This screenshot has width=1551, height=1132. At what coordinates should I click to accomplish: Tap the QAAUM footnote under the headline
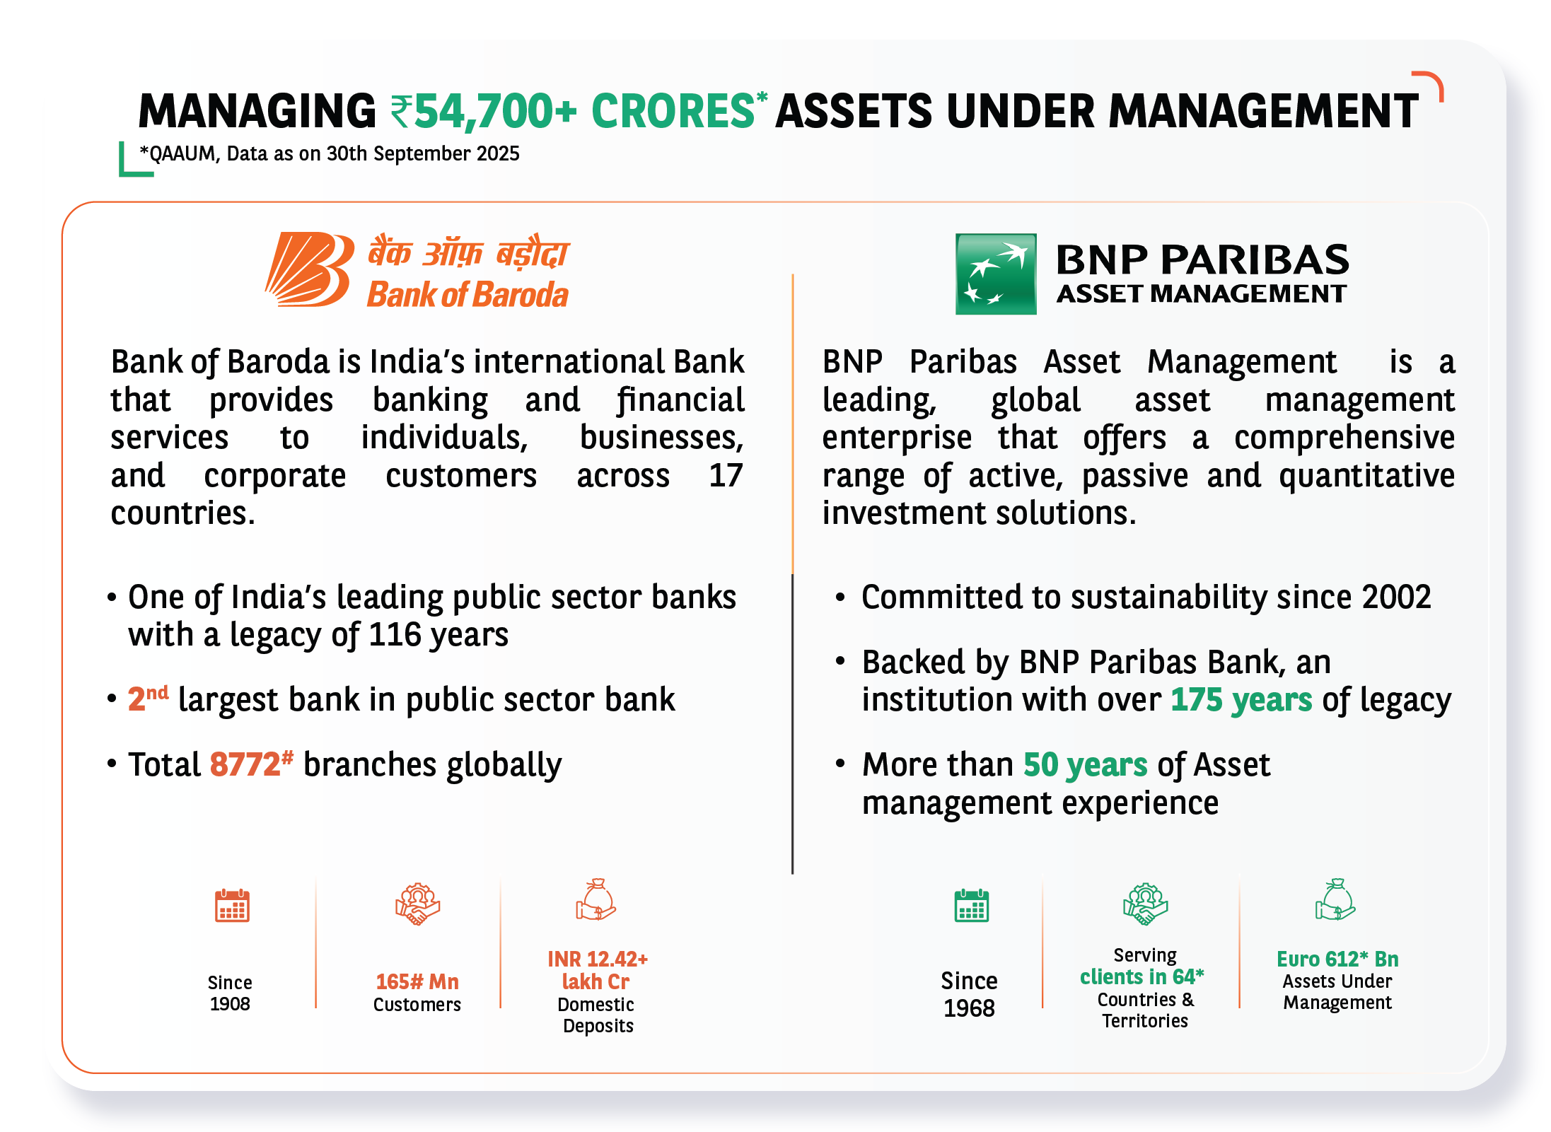pyautogui.click(x=330, y=153)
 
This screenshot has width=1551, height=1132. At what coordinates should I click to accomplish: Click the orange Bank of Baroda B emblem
pyautogui.click(x=310, y=269)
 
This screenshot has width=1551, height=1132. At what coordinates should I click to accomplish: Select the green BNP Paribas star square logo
pyautogui.click(x=996, y=274)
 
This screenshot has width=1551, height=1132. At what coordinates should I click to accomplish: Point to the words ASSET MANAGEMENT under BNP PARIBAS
pyautogui.click(x=1202, y=293)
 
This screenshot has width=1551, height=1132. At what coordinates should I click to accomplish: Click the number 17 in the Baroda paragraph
pyautogui.click(x=726, y=475)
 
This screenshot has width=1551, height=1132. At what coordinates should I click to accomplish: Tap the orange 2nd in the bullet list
pyautogui.click(x=148, y=698)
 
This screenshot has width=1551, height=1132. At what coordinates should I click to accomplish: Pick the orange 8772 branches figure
pyautogui.click(x=245, y=764)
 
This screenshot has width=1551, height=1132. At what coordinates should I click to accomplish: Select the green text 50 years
pyautogui.click(x=1085, y=765)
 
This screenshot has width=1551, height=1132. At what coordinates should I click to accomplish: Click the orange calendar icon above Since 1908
pyautogui.click(x=232, y=906)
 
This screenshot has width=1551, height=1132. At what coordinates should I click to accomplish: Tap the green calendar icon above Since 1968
pyautogui.click(x=972, y=906)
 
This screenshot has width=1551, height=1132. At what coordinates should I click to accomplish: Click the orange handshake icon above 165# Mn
pyautogui.click(x=417, y=904)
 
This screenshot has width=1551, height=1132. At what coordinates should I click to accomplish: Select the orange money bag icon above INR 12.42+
pyautogui.click(x=596, y=899)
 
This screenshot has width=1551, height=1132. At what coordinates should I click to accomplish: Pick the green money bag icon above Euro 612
pyautogui.click(x=1335, y=899)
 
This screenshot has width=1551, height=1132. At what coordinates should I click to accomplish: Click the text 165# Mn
pyautogui.click(x=417, y=981)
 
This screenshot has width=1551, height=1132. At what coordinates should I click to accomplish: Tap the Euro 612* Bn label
pyautogui.click(x=1337, y=959)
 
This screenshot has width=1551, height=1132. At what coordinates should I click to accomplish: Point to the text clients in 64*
pyautogui.click(x=1142, y=976)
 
